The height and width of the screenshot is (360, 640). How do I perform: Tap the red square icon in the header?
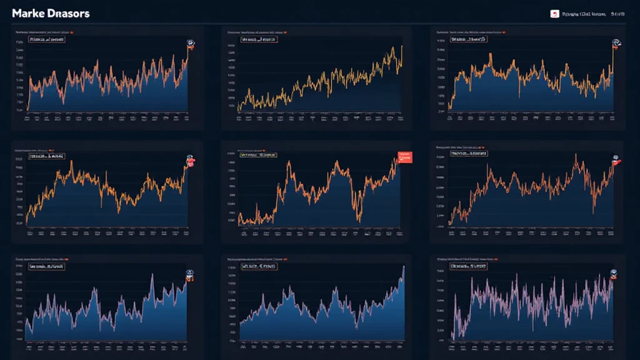point(554,13)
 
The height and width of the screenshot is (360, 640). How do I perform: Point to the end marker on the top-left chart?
point(189,43)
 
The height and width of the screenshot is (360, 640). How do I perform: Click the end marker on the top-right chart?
point(616,44)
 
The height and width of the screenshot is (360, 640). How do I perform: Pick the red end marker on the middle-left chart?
point(188,161)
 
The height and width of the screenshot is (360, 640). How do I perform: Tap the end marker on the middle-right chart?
point(616,160)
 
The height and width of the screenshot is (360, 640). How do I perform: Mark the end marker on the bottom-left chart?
point(189,274)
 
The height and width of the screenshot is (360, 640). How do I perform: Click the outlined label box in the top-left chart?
point(47,39)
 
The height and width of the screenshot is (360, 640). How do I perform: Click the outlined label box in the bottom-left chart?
point(47,266)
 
